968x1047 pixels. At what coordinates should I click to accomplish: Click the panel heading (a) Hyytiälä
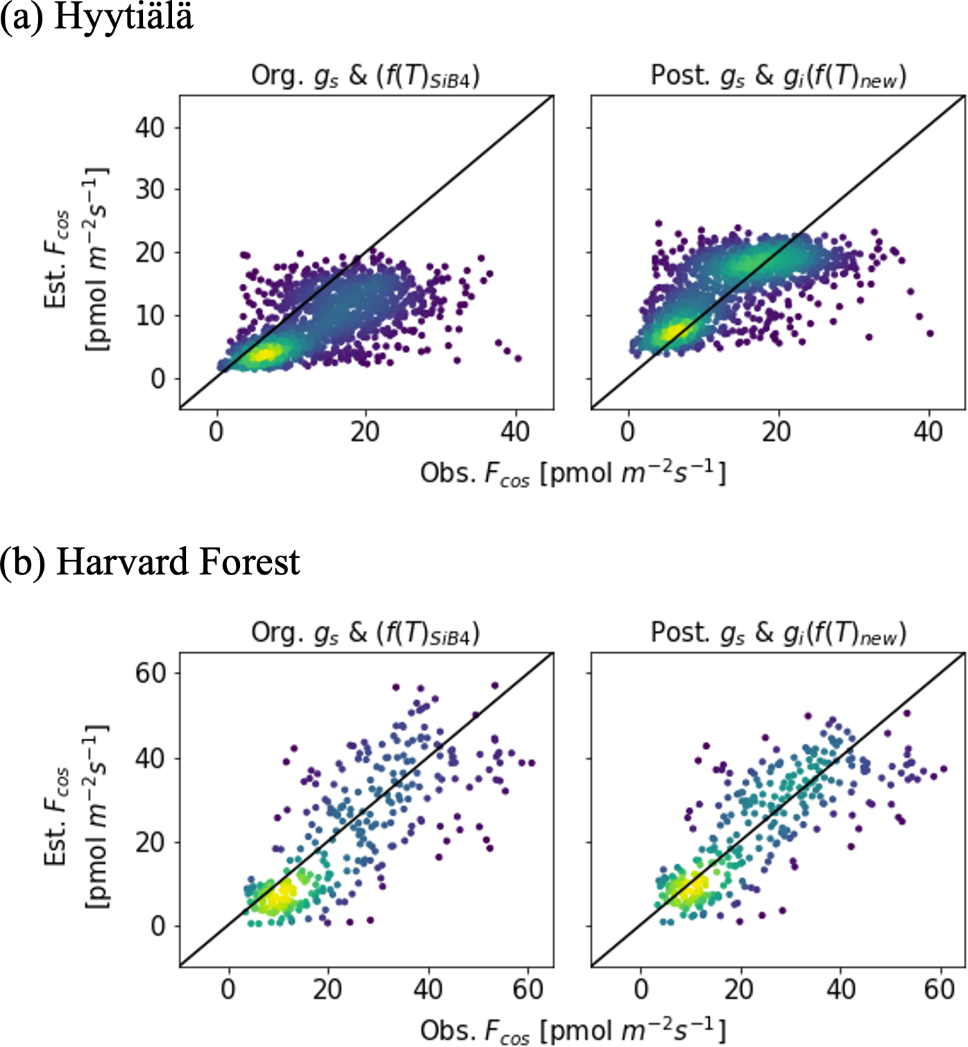coord(97,17)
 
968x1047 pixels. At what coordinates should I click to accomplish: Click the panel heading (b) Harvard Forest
coord(150,562)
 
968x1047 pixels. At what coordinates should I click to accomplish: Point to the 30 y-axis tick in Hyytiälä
coord(150,189)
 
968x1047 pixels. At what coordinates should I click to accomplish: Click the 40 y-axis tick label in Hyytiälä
coord(150,128)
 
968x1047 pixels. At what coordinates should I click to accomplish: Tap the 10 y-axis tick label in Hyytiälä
coord(150,316)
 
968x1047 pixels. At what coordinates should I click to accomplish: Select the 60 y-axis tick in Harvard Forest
coord(150,673)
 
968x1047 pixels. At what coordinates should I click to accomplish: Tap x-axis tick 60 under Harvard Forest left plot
coord(528,989)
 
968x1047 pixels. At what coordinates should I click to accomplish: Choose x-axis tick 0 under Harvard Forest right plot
coord(641,989)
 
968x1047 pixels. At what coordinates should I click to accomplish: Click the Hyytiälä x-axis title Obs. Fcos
coord(572,474)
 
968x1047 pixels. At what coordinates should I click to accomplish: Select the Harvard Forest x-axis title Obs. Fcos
coord(572,1030)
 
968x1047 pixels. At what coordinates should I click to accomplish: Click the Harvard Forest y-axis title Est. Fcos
coord(76,815)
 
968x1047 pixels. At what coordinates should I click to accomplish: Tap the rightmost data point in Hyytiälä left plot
coord(518,359)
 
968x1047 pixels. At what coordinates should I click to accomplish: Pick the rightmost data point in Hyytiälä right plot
coord(930,334)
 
